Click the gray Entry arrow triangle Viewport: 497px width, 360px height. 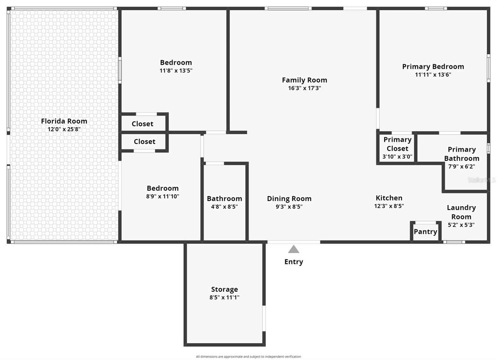point(294,249)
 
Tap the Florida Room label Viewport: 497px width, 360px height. point(64,121)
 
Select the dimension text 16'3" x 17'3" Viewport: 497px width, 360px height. point(304,88)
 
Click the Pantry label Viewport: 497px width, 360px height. point(425,232)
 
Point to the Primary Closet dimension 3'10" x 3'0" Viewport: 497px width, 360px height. point(397,157)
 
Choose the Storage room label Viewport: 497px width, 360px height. point(224,289)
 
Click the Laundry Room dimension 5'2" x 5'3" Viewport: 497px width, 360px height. point(461,225)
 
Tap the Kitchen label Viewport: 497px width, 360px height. point(389,198)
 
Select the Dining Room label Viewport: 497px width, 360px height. point(289,199)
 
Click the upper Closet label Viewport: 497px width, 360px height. point(142,124)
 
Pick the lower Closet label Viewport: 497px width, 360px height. point(144,142)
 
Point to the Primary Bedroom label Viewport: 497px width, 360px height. point(433,66)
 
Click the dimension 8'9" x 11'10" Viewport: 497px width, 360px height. point(162,196)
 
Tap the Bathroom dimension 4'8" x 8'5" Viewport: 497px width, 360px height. point(224,207)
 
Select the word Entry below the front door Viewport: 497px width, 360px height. point(294,262)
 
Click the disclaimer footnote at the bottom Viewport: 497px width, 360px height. point(248,357)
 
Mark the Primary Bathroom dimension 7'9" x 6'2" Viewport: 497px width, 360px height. point(461,166)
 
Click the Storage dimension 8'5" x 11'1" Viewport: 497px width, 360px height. point(224,298)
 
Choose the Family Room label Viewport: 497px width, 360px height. point(304,80)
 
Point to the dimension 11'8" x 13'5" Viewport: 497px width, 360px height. point(176,71)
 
